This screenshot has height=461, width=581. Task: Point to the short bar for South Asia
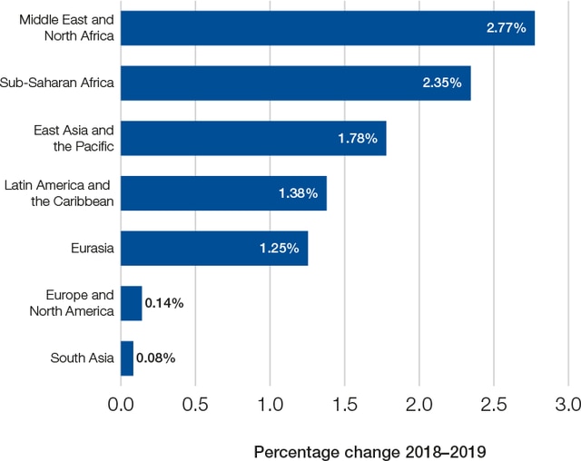tap(127, 358)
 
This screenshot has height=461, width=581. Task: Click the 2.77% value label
tap(506, 28)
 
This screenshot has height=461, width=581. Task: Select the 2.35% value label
tap(442, 83)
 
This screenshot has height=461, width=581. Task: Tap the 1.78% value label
tap(358, 138)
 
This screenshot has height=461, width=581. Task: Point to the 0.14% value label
tap(164, 303)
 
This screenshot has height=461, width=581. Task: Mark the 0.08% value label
tap(155, 358)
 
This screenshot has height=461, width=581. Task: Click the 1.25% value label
tap(279, 248)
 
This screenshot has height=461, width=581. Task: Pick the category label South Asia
tap(82, 358)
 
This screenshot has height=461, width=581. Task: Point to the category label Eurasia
tap(92, 248)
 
